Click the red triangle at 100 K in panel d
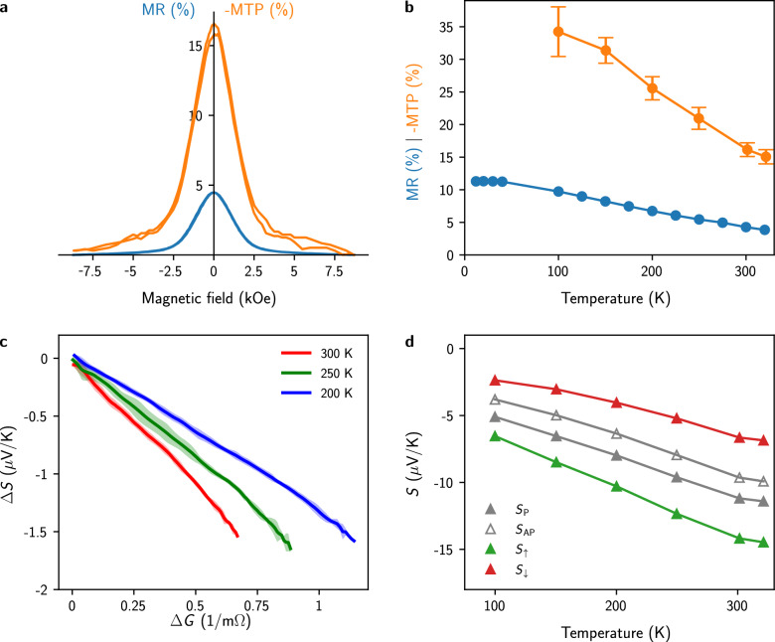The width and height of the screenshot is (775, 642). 495,380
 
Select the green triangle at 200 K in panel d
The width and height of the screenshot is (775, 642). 616,486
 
